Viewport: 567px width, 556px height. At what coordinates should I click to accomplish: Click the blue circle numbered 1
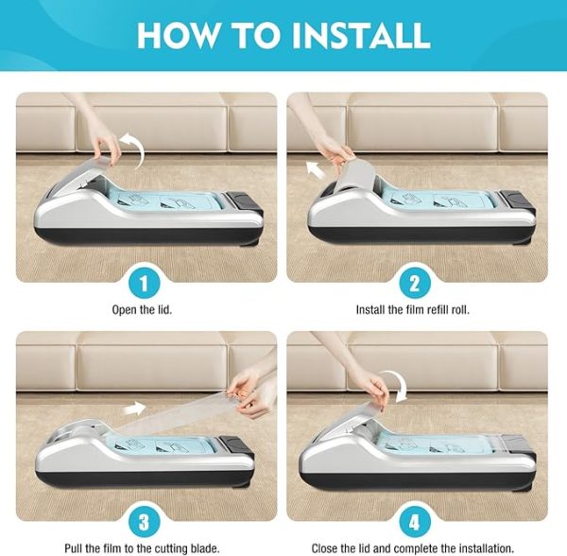tap(144, 284)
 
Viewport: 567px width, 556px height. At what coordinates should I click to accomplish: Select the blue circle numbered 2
tap(415, 284)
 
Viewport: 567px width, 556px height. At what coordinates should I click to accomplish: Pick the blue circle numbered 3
tap(144, 523)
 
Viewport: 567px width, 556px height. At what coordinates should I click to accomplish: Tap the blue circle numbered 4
tap(415, 523)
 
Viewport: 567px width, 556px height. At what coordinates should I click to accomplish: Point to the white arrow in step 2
tap(316, 170)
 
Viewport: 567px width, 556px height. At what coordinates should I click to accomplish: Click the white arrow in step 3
tap(134, 408)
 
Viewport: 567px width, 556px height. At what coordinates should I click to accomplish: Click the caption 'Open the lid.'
tap(142, 310)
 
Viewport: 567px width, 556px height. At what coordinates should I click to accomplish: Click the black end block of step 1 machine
tap(244, 200)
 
